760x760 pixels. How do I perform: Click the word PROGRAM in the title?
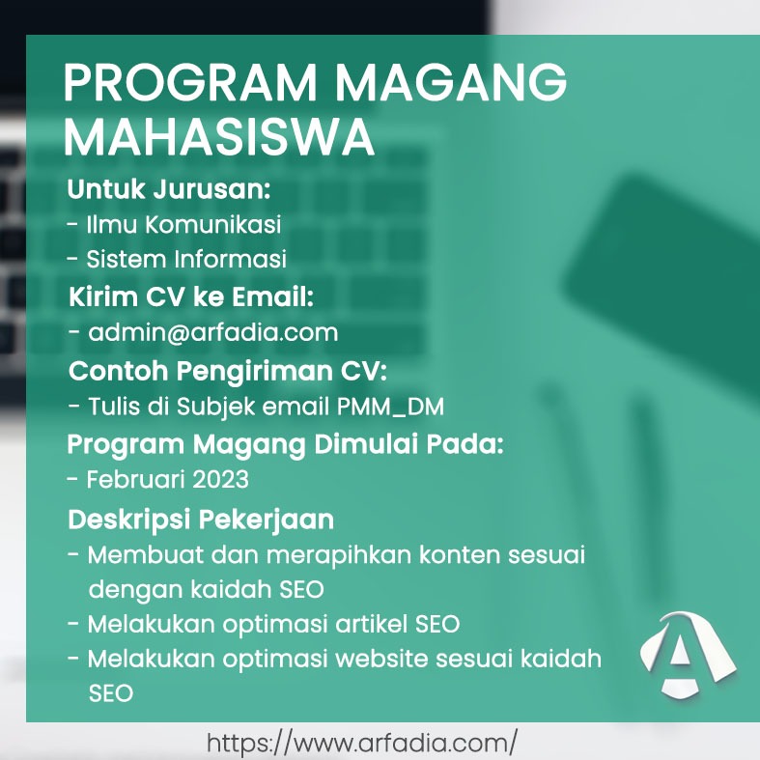pyautogui.click(x=190, y=82)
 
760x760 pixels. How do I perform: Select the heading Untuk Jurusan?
pyautogui.click(x=169, y=189)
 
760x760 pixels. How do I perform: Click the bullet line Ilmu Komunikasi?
pyautogui.click(x=175, y=224)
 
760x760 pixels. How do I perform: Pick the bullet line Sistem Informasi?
pyautogui.click(x=177, y=259)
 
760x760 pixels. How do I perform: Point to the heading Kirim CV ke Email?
pyautogui.click(x=191, y=296)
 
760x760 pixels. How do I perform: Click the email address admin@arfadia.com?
pyautogui.click(x=213, y=332)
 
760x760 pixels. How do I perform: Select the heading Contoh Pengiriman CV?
pyautogui.click(x=228, y=371)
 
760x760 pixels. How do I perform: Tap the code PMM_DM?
pyautogui.click(x=390, y=407)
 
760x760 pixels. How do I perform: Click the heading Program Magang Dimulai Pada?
pyautogui.click(x=286, y=445)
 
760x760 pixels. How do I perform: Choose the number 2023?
pyautogui.click(x=220, y=479)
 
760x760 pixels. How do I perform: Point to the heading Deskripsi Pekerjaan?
pyautogui.click(x=201, y=521)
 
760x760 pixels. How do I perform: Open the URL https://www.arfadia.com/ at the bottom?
pyautogui.click(x=362, y=743)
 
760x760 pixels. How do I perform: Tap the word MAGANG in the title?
pyautogui.click(x=451, y=82)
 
